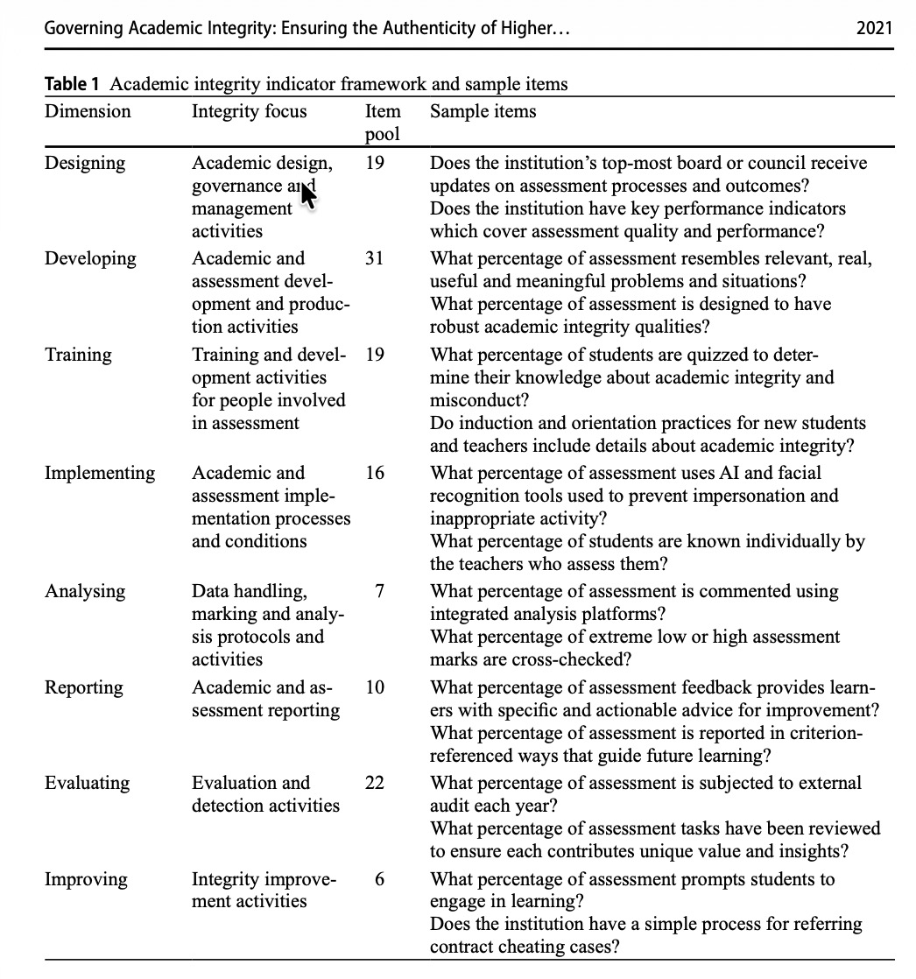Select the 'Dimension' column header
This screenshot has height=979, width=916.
pyautogui.click(x=88, y=111)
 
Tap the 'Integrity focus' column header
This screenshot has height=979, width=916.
pyautogui.click(x=250, y=111)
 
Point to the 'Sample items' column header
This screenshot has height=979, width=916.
pyautogui.click(x=483, y=111)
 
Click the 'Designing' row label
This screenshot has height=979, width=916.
pyautogui.click(x=85, y=164)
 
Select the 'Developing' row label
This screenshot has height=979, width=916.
pyautogui.click(x=91, y=259)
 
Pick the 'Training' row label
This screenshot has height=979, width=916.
pyautogui.click(x=79, y=355)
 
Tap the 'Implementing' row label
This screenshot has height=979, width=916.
pyautogui.click(x=100, y=474)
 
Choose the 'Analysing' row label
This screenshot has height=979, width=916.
pyautogui.click(x=85, y=592)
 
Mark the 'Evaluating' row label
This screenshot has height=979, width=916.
pyautogui.click(x=88, y=783)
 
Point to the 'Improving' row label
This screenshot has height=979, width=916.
pyautogui.click(x=86, y=879)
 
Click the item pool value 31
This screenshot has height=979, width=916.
pyautogui.click(x=374, y=259)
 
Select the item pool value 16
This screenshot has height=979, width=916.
pyautogui.click(x=374, y=474)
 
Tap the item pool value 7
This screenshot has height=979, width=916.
pyautogui.click(x=378, y=592)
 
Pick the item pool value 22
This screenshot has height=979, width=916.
pyautogui.click(x=374, y=783)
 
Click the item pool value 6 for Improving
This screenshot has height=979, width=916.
pyautogui.click(x=378, y=879)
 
